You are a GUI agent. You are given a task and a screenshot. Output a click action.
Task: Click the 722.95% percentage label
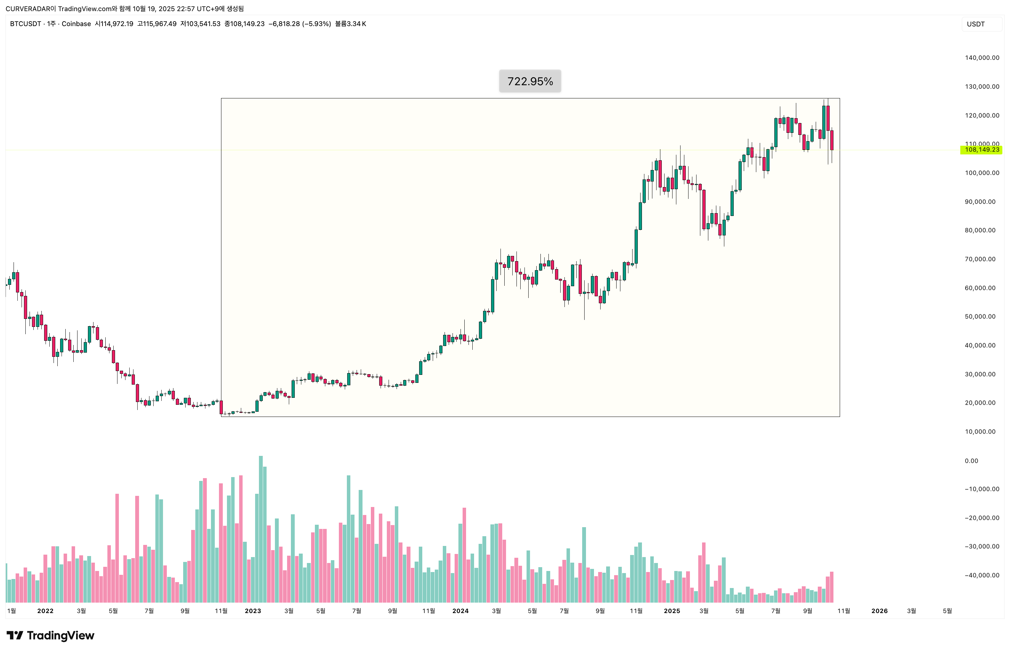530,81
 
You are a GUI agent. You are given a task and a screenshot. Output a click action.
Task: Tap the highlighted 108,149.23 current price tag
981,150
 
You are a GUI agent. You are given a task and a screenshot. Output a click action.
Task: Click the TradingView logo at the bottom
50,636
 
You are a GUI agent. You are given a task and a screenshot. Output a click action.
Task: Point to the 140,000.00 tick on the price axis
982,58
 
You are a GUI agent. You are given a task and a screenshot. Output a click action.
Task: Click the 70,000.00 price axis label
980,259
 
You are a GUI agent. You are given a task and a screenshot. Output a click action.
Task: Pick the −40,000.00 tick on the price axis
982,575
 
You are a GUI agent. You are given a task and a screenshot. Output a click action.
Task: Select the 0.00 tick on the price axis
971,461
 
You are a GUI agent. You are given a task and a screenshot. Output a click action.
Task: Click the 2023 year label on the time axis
253,611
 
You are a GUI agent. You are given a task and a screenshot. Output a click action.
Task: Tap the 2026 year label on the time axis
879,611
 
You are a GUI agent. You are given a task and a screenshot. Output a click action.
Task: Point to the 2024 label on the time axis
461,611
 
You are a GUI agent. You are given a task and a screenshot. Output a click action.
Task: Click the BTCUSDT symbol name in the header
25,24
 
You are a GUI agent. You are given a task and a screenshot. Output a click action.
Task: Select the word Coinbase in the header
76,24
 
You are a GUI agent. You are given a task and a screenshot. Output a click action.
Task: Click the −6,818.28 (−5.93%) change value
300,24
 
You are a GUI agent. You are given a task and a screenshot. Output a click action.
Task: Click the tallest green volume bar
261,529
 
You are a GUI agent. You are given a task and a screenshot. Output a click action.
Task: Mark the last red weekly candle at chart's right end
832,140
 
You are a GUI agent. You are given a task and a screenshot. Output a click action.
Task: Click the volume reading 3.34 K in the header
356,24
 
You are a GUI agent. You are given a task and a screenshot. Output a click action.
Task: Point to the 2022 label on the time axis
45,611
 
